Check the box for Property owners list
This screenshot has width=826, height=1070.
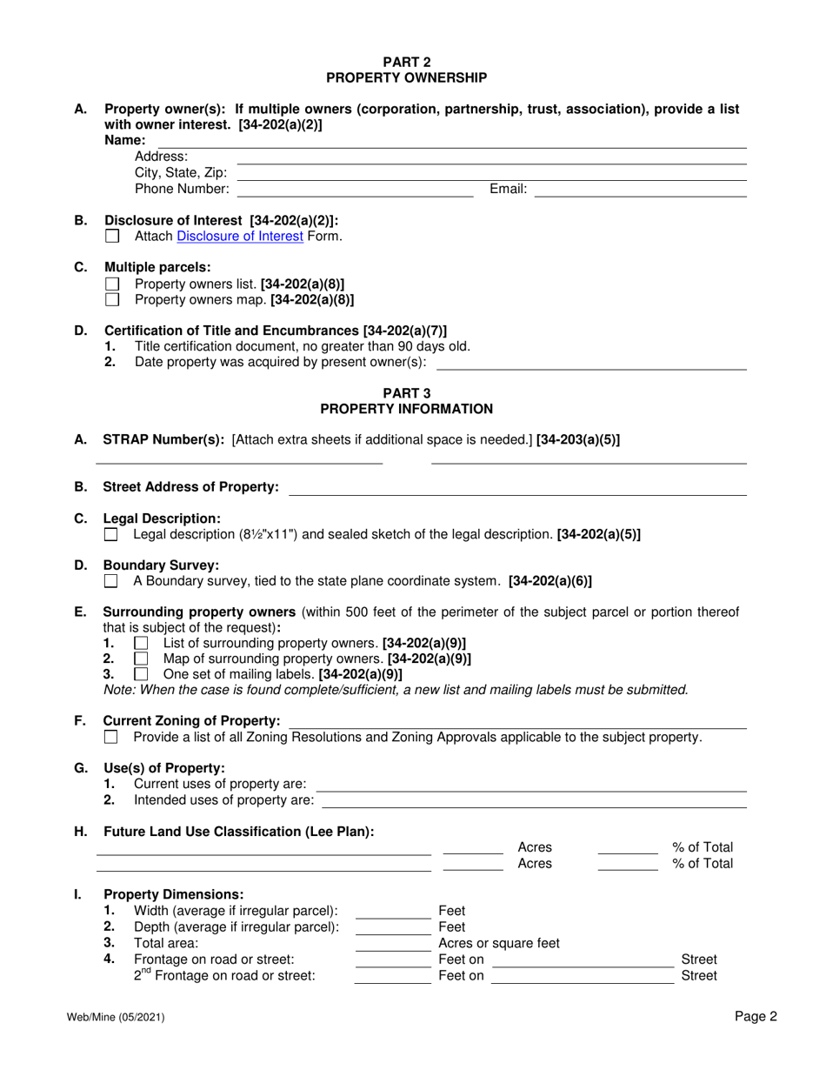coord(111,284)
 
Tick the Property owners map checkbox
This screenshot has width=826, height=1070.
coord(111,299)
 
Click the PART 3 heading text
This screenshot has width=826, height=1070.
coord(406,392)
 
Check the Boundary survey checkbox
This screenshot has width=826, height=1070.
coord(110,580)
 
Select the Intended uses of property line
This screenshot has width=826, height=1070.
coord(534,799)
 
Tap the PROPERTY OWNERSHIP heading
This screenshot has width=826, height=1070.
coord(406,77)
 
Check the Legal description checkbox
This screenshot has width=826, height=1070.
coord(110,534)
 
